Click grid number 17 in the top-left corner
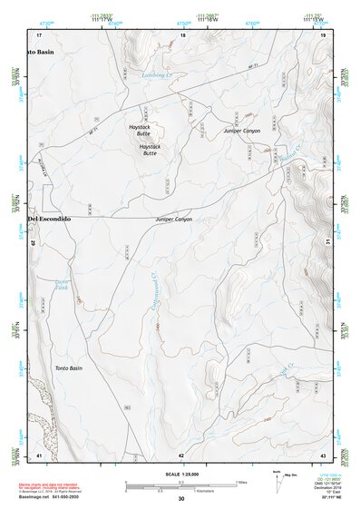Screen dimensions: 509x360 tap(39, 34)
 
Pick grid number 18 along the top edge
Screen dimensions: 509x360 tap(182, 34)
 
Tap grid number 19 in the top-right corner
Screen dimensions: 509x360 tap(322, 34)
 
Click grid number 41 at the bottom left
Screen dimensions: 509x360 tap(39, 454)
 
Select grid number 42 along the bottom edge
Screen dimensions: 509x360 tap(181, 454)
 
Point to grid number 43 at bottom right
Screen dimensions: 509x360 tap(322, 454)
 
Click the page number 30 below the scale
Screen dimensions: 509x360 tap(181, 500)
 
